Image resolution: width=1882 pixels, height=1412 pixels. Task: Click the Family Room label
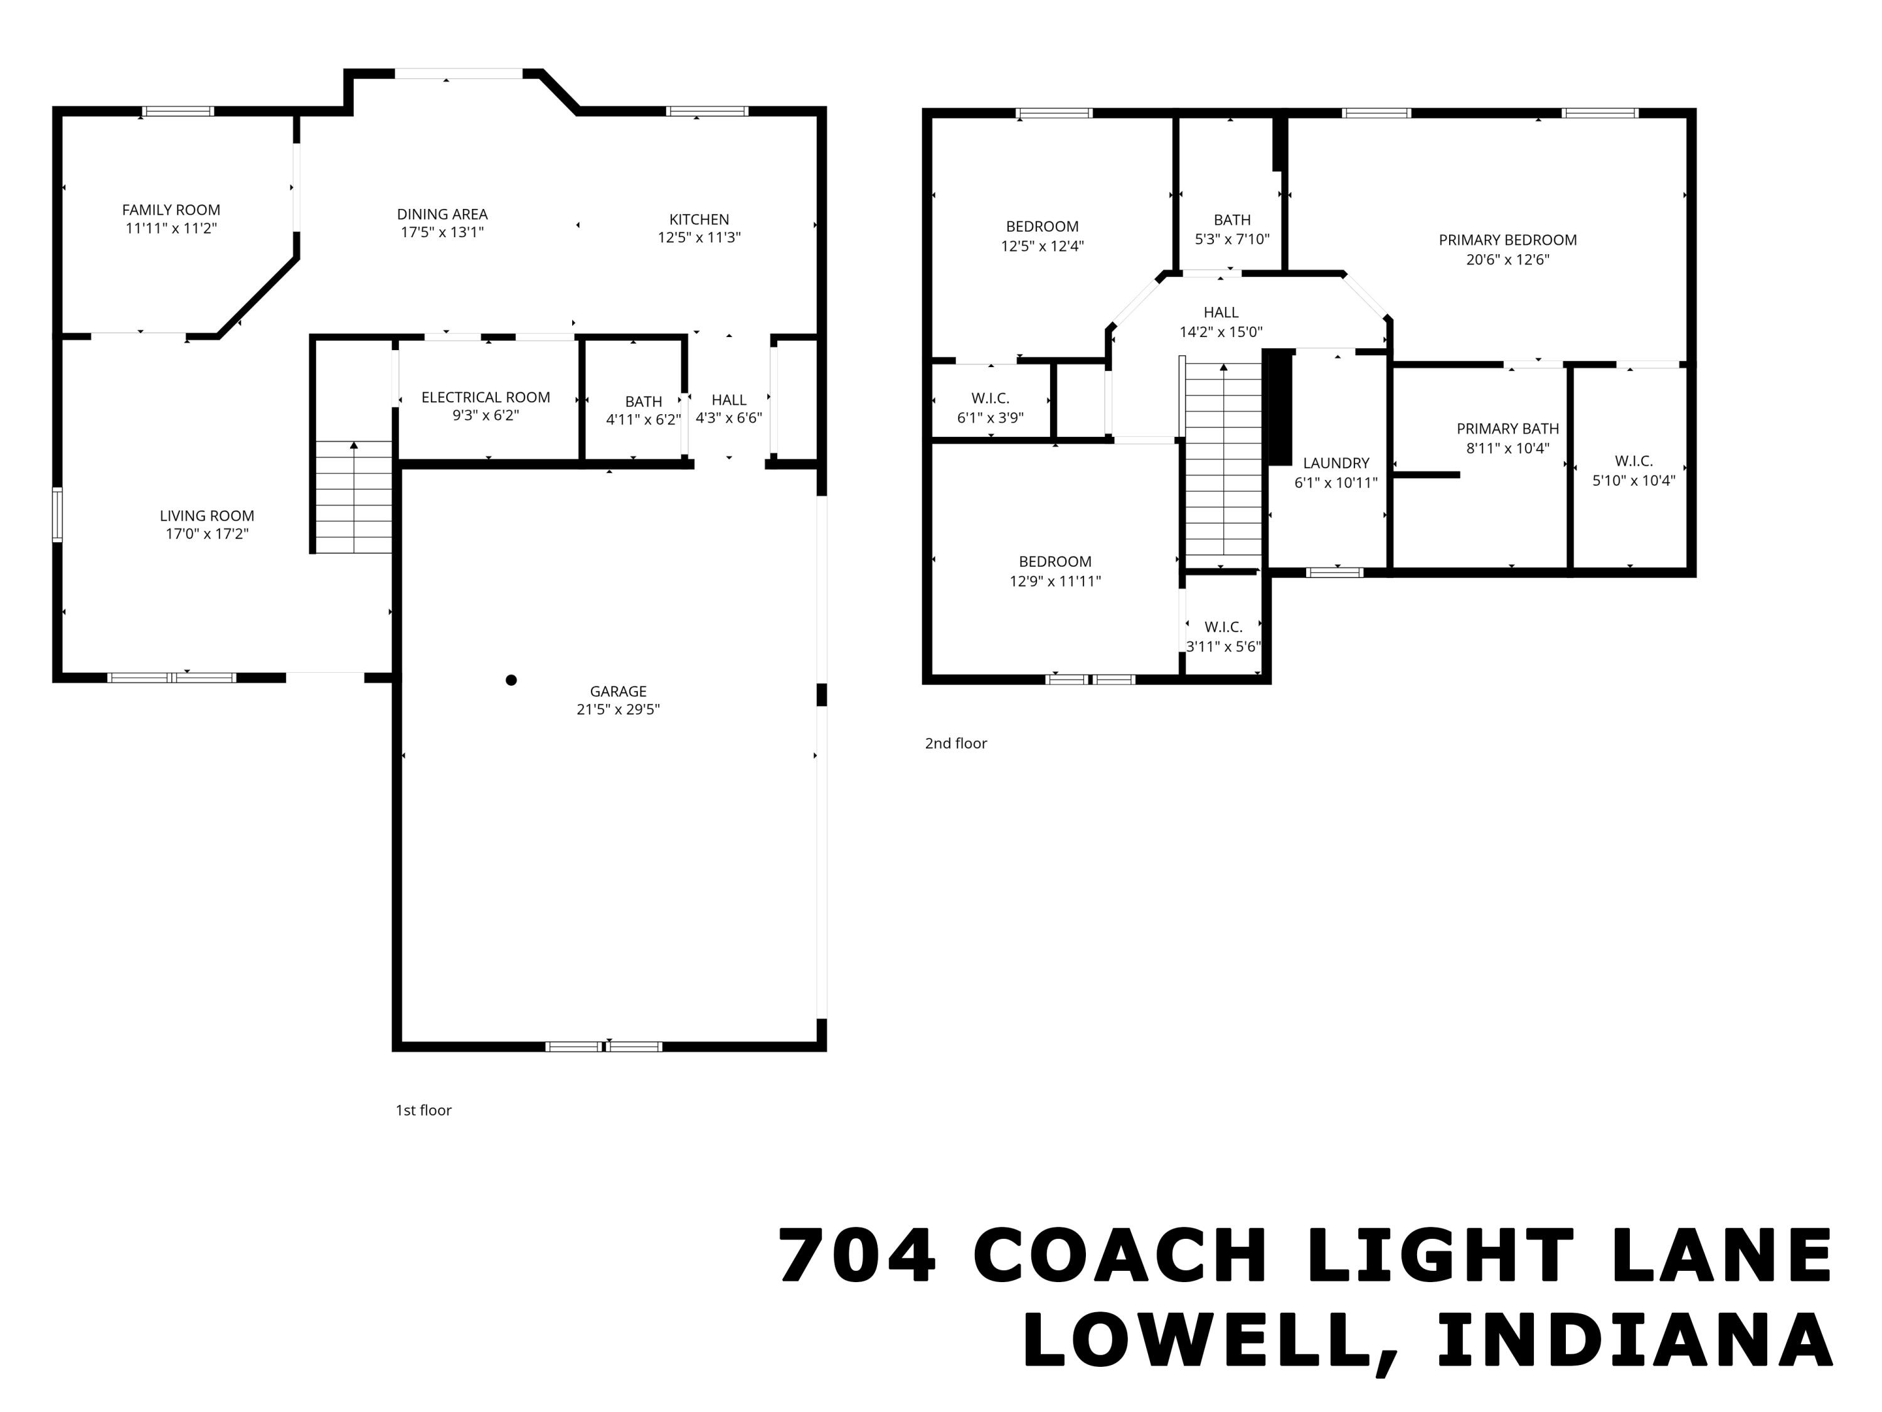point(171,210)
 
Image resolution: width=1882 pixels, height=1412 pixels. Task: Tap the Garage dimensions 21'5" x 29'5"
point(618,710)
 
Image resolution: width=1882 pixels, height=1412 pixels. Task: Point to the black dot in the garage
point(511,680)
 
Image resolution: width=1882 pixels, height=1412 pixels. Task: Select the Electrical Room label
point(485,397)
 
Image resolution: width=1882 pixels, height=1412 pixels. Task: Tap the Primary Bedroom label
point(1507,240)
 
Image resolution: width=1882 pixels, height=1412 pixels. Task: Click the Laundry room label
point(1336,463)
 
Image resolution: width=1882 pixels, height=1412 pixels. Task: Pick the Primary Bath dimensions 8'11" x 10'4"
point(1507,447)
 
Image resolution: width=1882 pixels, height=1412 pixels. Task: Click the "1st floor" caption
point(423,1110)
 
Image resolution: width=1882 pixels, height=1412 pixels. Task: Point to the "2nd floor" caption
point(955,743)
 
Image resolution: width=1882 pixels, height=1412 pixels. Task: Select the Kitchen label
point(698,219)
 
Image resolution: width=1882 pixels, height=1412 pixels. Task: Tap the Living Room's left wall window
point(57,514)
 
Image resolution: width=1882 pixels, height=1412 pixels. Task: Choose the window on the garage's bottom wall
point(603,1046)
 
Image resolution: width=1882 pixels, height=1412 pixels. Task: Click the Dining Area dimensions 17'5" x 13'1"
point(442,232)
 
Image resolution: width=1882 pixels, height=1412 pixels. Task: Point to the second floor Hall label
point(1220,313)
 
